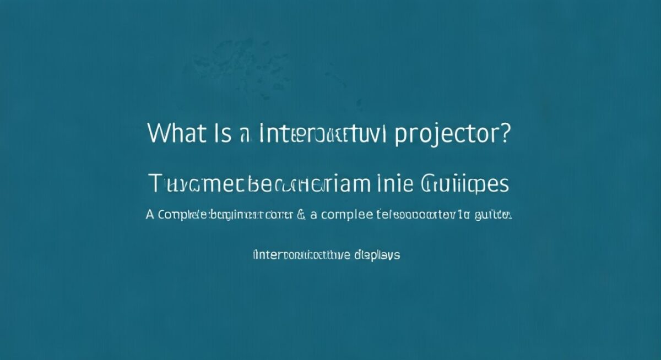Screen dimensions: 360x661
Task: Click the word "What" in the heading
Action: pyautogui.click(x=175, y=134)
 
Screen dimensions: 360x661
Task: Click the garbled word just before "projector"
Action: pyautogui.click(x=323, y=134)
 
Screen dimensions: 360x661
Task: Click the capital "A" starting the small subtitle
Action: pyautogui.click(x=150, y=215)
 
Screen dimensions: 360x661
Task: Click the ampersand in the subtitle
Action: pyautogui.click(x=301, y=215)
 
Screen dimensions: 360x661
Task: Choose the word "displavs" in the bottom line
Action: pyautogui.click(x=377, y=256)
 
